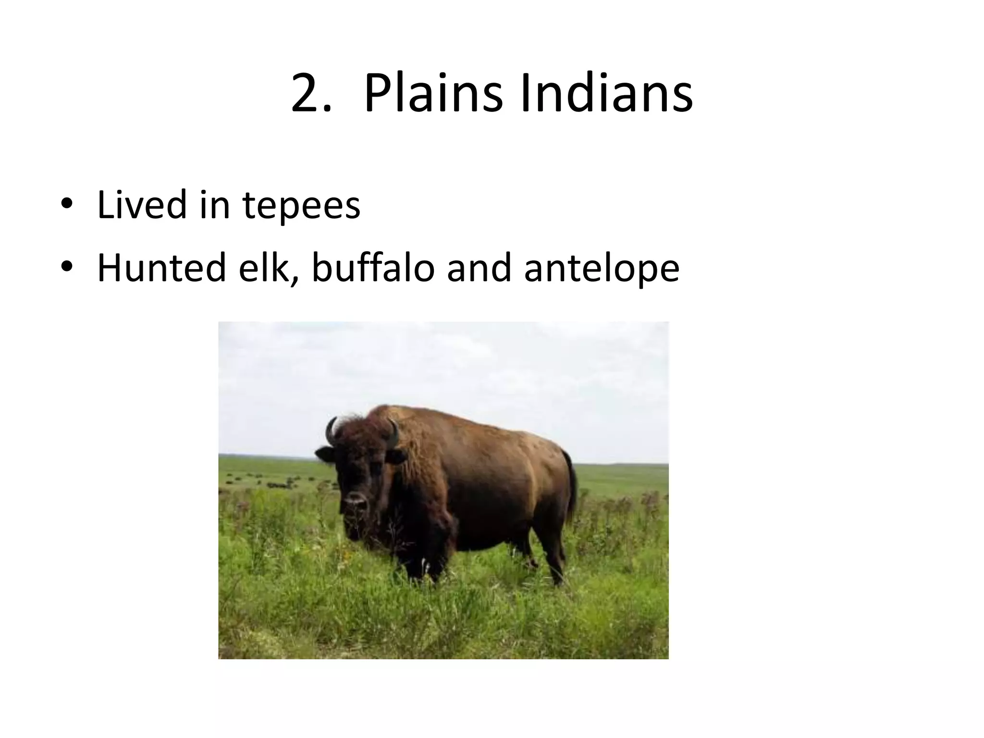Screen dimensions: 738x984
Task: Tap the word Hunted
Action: tap(161, 267)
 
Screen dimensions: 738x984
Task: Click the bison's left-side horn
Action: tap(331, 431)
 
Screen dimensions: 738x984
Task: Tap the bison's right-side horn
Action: tap(394, 432)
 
